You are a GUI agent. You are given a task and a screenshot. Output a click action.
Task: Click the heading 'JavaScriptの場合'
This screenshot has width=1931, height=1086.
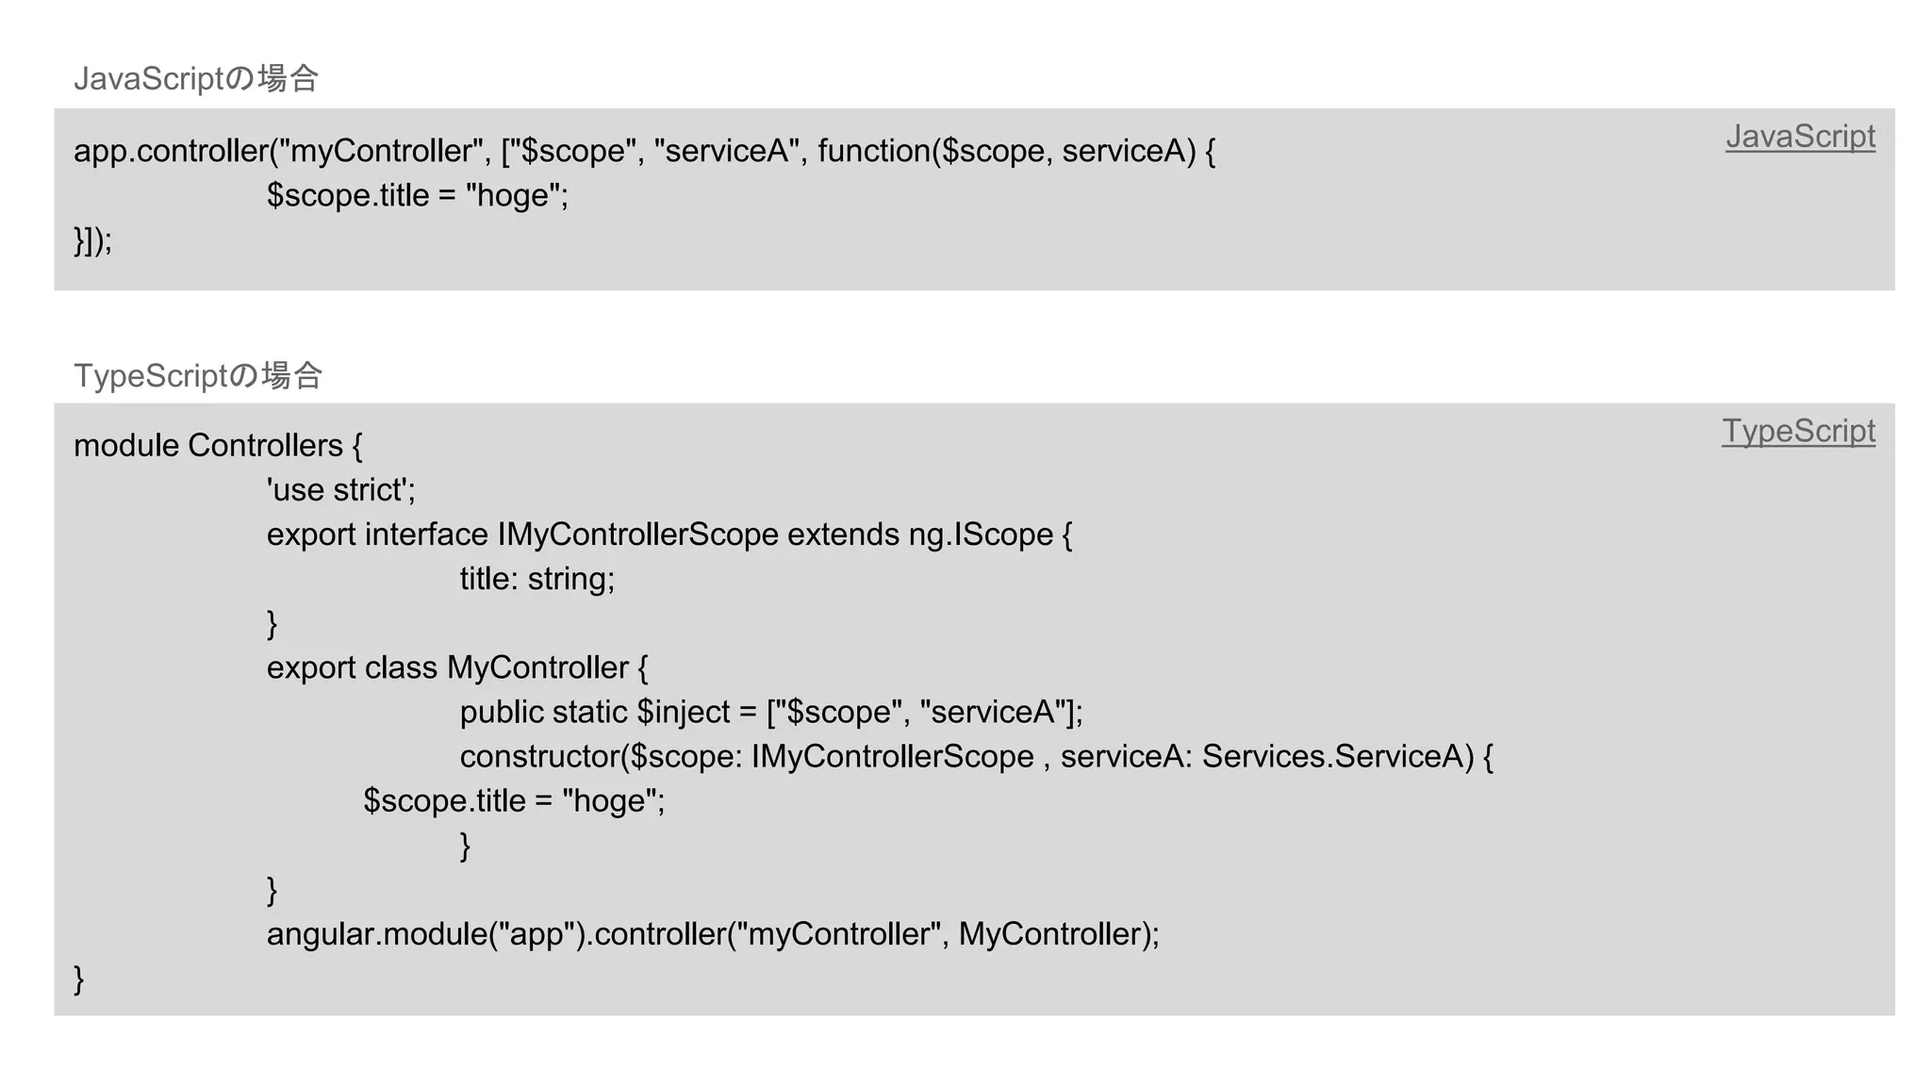196,78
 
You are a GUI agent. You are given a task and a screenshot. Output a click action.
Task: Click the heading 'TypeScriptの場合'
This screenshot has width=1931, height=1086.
198,375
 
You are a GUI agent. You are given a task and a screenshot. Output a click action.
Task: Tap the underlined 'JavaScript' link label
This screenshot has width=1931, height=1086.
1800,137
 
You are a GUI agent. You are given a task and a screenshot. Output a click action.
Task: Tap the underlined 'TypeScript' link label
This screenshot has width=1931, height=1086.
1798,431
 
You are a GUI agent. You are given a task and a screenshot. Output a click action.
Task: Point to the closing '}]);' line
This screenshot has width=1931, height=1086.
92,240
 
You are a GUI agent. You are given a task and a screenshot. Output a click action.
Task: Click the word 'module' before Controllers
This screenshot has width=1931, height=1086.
125,446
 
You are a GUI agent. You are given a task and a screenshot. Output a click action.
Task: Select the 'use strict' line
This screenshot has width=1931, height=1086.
340,490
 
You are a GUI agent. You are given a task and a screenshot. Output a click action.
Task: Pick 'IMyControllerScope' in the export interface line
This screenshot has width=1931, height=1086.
637,535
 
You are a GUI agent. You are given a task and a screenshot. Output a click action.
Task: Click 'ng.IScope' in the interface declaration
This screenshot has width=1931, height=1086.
981,535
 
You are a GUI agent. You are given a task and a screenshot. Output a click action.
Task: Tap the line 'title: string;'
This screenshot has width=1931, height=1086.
536,579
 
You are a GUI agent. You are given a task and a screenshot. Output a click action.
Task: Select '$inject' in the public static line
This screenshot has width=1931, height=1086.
684,712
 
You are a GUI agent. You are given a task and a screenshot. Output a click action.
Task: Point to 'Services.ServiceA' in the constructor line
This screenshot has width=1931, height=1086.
1337,756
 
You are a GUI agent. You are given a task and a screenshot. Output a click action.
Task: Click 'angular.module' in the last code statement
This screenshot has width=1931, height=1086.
376,934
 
